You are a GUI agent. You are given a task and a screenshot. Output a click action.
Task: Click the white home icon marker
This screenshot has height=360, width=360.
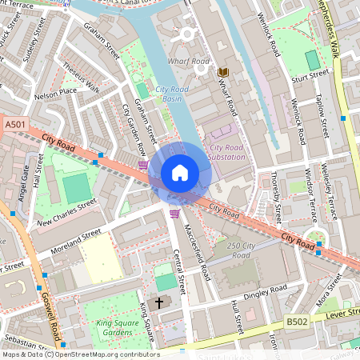(180, 173)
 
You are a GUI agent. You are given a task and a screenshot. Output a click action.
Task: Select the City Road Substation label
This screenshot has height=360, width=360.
(227, 152)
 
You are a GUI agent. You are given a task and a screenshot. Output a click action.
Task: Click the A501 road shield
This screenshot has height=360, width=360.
(14, 126)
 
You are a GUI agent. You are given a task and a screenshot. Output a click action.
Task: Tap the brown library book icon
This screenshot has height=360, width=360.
(223, 72)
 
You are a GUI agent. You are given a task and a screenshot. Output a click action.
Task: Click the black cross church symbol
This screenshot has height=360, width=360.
(159, 303)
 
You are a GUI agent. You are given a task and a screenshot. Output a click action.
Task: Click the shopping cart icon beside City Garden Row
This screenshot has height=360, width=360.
(142, 165)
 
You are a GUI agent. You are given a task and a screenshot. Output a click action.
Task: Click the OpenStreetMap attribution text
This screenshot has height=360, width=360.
(80, 354)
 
